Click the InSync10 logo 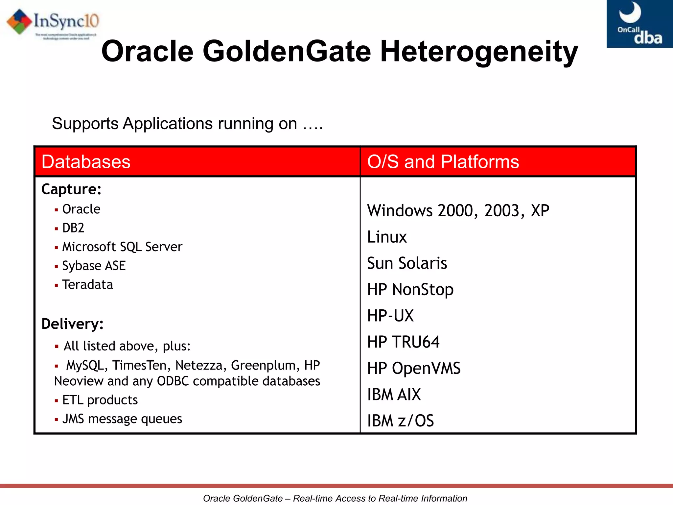[x=53, y=23]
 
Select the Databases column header [x=86, y=162]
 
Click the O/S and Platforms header [x=443, y=162]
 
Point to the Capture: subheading [x=71, y=189]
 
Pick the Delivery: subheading [x=73, y=324]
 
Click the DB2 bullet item [x=73, y=228]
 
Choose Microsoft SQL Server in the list [x=122, y=247]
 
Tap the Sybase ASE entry [x=94, y=266]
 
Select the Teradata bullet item [x=87, y=285]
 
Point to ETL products [x=100, y=400]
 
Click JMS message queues [x=122, y=419]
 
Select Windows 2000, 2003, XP [x=458, y=211]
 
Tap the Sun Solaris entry [x=407, y=263]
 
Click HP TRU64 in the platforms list [x=403, y=342]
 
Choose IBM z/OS [x=400, y=421]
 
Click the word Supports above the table [x=85, y=124]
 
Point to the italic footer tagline [x=335, y=498]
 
